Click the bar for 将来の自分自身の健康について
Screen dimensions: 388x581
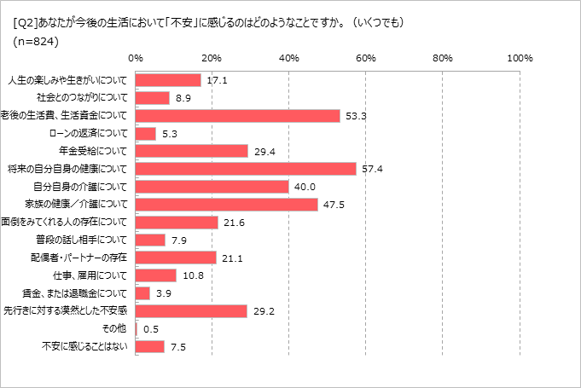click(246, 169)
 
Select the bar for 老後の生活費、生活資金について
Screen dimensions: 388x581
click(238, 116)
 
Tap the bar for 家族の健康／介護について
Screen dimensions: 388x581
click(227, 205)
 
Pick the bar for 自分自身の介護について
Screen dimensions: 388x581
click(212, 187)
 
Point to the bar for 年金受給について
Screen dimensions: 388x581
click(192, 151)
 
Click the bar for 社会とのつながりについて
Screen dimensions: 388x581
click(153, 98)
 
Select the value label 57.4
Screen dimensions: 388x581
click(369, 169)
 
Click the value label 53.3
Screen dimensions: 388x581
click(353, 116)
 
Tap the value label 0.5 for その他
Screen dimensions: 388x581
click(151, 329)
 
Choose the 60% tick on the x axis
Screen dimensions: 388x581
click(366, 58)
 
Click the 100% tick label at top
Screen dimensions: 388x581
click(519, 58)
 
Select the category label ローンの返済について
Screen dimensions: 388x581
click(89, 134)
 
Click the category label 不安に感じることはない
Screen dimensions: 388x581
click(84, 347)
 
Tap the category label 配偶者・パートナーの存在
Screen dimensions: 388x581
click(83, 258)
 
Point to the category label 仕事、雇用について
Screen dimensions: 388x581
click(89, 275)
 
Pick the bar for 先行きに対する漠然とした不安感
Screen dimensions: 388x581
click(191, 311)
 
